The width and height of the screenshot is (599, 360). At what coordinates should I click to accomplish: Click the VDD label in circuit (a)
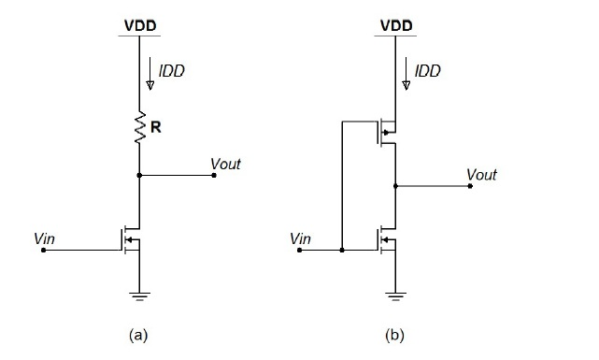click(x=138, y=23)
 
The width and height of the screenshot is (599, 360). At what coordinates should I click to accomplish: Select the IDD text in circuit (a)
click(x=171, y=71)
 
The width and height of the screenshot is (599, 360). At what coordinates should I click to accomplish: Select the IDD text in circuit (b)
click(x=428, y=71)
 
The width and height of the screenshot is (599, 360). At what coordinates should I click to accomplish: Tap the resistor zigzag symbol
click(x=139, y=128)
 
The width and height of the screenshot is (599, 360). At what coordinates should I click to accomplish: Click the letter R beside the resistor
click(x=156, y=128)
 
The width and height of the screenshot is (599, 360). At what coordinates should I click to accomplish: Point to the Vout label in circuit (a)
click(x=225, y=164)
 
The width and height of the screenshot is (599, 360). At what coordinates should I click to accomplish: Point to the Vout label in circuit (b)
click(x=481, y=175)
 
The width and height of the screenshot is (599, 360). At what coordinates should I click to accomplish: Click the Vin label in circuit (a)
click(x=44, y=238)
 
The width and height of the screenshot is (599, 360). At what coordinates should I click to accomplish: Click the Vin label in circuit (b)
click(x=300, y=238)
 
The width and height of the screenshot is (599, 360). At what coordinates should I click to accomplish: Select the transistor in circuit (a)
click(x=132, y=242)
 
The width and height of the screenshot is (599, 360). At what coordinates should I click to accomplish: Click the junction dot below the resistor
click(x=139, y=175)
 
